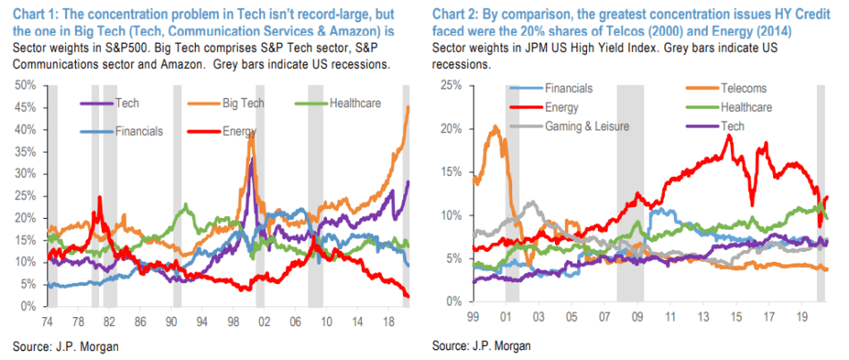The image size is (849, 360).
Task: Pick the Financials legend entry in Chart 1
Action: point(139,131)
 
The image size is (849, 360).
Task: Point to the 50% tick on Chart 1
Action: point(22,85)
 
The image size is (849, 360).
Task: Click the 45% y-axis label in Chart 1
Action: point(22,107)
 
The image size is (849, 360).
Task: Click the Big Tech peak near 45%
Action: point(408,107)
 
